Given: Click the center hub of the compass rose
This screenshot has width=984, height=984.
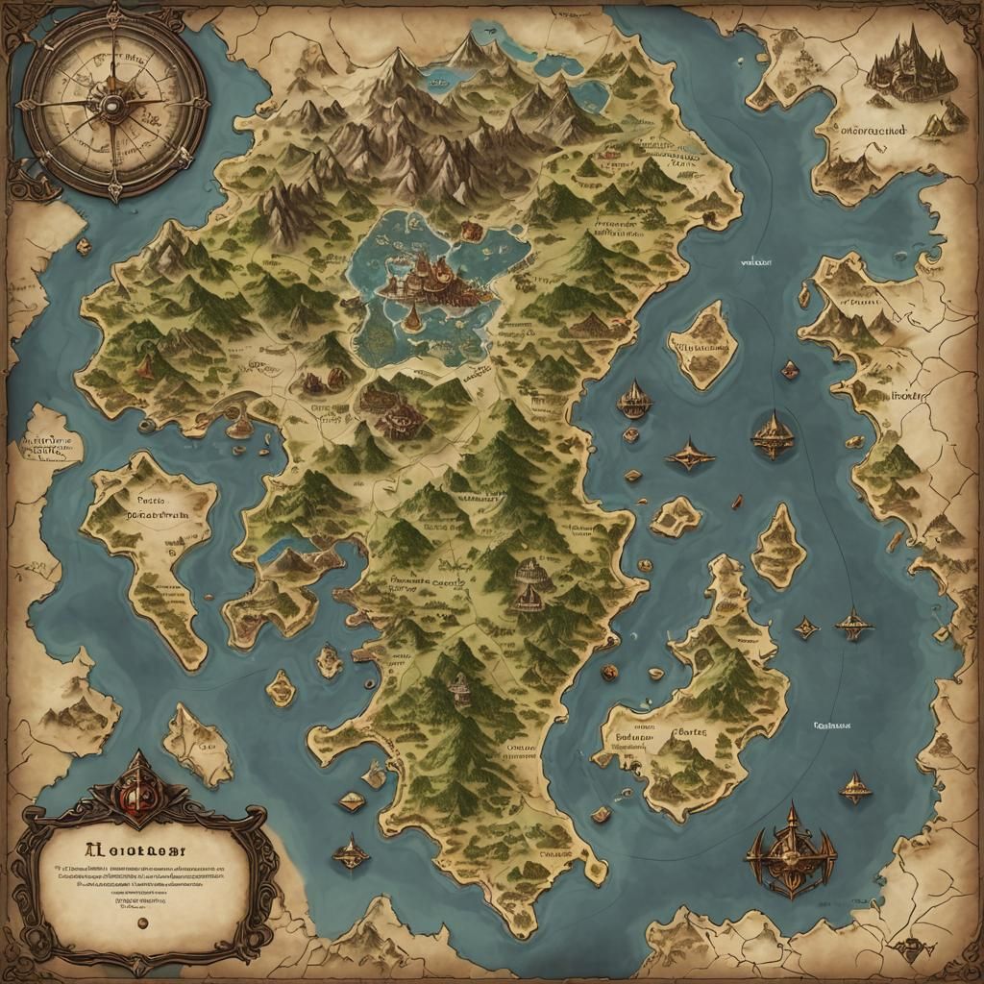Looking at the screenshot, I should pyautogui.click(x=113, y=104).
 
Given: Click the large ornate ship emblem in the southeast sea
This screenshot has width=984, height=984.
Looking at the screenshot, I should pyautogui.click(x=790, y=849).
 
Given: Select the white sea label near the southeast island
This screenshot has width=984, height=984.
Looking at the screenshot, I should pyautogui.click(x=836, y=726).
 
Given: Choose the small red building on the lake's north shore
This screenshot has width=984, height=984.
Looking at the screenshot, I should pyautogui.click(x=471, y=231).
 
